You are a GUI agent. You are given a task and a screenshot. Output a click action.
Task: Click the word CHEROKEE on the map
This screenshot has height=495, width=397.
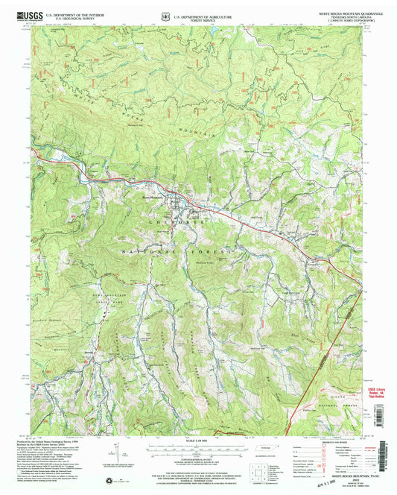(x=170, y=223)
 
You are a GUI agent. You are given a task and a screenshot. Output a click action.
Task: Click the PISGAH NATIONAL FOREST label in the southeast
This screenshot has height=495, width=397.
(x=339, y=399)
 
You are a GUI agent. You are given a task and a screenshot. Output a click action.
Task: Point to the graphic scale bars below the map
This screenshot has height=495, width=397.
(x=197, y=453)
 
